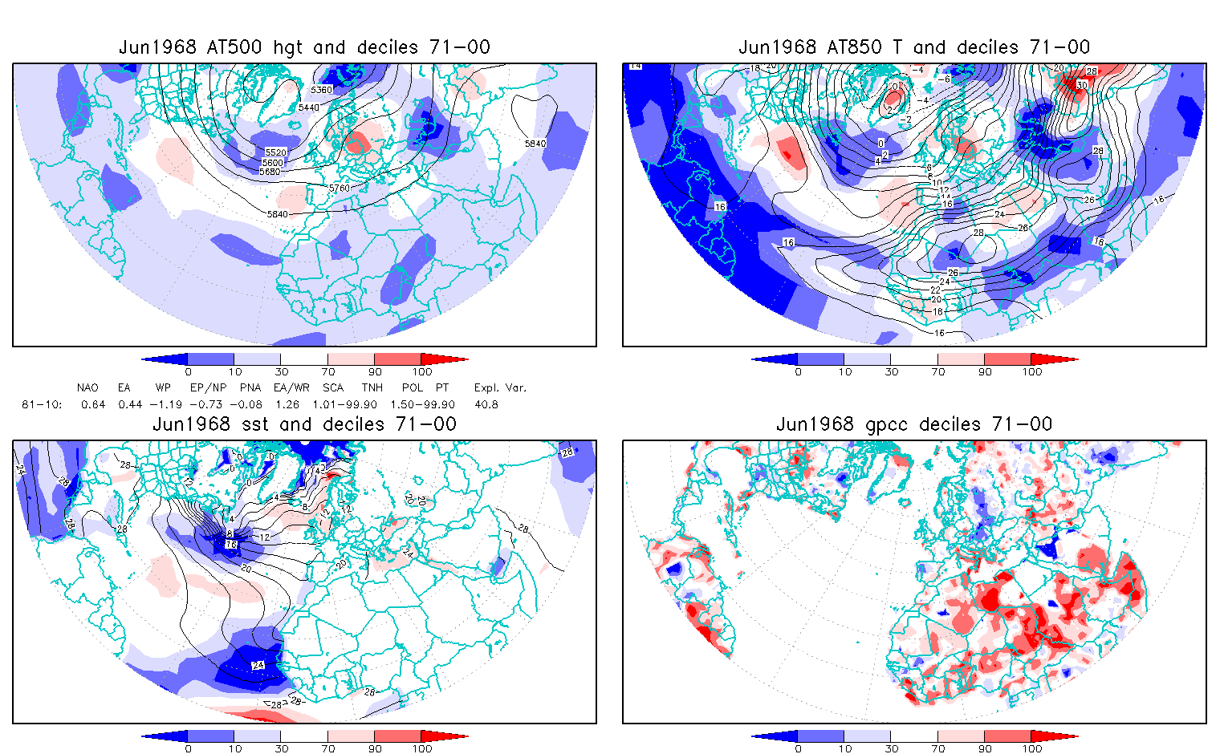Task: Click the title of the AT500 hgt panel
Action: click(x=304, y=47)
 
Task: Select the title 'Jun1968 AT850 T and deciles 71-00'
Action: click(x=914, y=47)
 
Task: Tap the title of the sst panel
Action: click(x=304, y=424)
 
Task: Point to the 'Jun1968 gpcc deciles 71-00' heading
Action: click(x=914, y=424)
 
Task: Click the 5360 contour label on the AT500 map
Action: click(x=321, y=90)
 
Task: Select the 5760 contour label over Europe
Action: click(x=339, y=188)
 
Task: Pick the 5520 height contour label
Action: click(x=275, y=152)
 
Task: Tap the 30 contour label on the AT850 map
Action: click(x=1081, y=85)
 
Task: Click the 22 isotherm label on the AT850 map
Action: click(x=935, y=290)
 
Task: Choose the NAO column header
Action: click(x=87, y=388)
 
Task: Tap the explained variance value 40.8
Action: click(x=486, y=405)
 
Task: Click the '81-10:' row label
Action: click(x=42, y=405)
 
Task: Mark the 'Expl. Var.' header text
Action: click(x=500, y=388)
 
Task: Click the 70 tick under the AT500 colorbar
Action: click(x=327, y=372)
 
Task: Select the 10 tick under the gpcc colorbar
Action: click(x=844, y=749)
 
